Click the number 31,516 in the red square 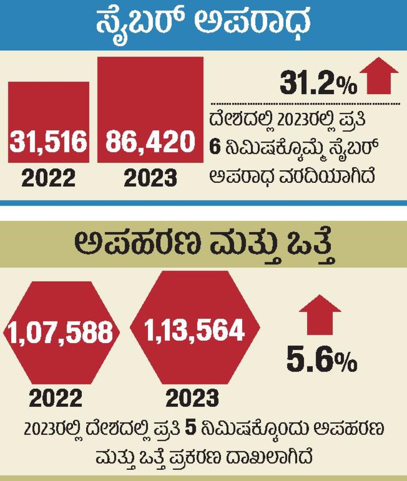[49, 142]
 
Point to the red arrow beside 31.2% [379, 76]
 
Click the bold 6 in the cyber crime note [216, 148]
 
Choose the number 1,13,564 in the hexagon [194, 330]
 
